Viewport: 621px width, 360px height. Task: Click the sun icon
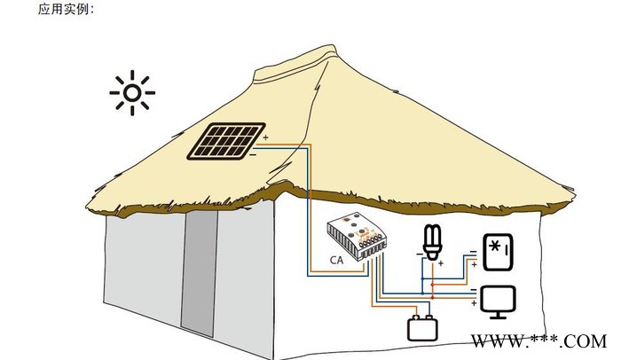click(132, 92)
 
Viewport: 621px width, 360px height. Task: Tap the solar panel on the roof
click(225, 142)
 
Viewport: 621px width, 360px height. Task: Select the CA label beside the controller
click(337, 261)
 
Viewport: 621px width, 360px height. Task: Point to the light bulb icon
click(432, 241)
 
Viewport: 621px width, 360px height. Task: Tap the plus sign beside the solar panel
click(265, 137)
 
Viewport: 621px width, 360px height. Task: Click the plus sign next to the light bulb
click(441, 263)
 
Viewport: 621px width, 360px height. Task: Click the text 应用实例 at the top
click(65, 10)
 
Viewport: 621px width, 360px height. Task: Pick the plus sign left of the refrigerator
click(474, 264)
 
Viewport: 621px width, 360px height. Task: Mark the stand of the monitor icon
click(498, 313)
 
